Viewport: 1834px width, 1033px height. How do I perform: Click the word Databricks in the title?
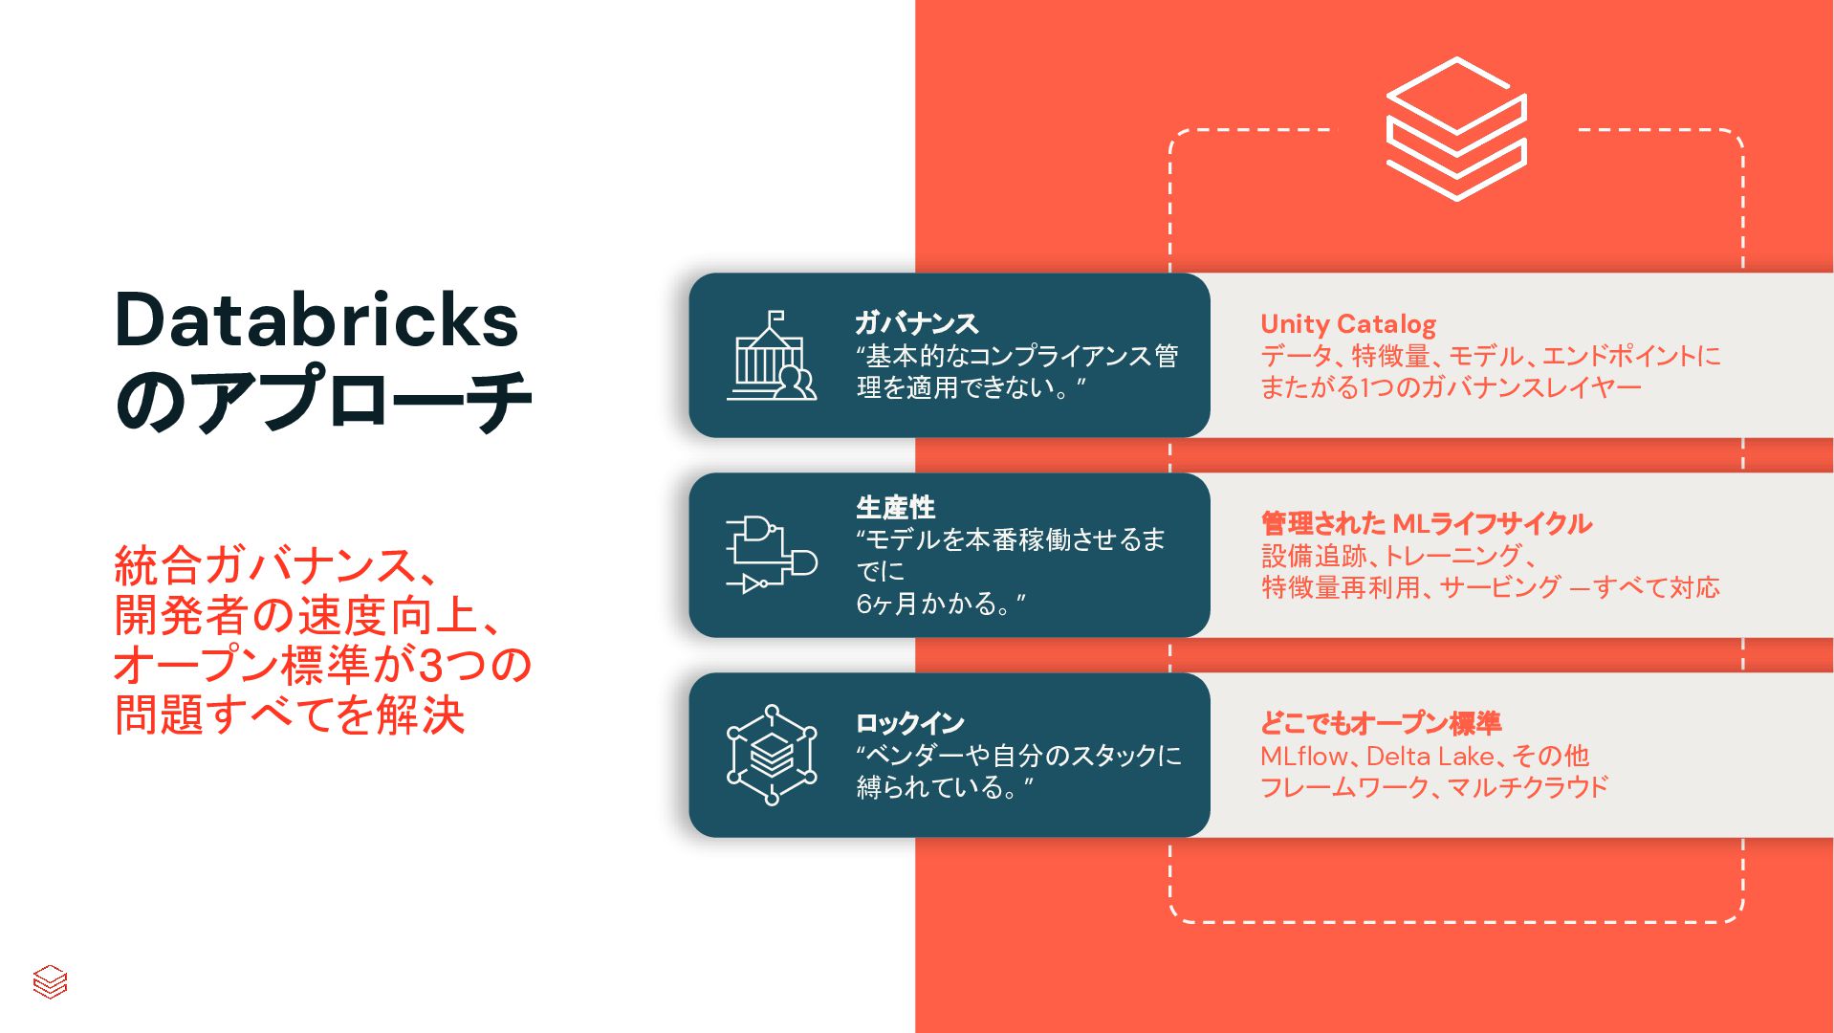tap(317, 319)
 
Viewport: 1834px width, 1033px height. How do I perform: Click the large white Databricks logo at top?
tap(1455, 129)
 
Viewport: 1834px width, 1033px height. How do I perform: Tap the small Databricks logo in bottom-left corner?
tap(50, 981)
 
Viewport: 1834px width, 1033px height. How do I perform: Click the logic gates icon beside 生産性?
tap(772, 555)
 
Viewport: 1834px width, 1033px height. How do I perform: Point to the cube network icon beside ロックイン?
tap(772, 755)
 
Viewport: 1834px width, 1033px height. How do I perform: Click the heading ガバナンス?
tap(916, 323)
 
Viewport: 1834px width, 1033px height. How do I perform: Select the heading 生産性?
tap(895, 507)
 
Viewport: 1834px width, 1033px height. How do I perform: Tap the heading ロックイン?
tap(909, 723)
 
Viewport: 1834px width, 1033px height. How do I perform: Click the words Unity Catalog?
tap(1348, 324)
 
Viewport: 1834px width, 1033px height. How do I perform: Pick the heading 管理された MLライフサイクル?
tap(1426, 523)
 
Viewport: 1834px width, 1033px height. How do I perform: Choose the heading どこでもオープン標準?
tap(1381, 723)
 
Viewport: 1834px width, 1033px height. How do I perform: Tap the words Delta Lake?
tap(1430, 756)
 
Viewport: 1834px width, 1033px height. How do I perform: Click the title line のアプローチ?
tap(323, 400)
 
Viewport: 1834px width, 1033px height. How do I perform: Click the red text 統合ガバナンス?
tap(264, 565)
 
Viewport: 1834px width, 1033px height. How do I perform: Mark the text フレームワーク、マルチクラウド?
tap(1434, 787)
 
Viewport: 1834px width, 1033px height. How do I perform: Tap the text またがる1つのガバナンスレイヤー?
tap(1451, 387)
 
